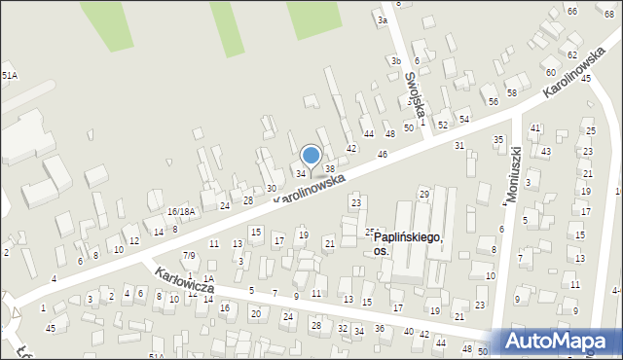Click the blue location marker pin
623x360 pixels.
tap(311, 156)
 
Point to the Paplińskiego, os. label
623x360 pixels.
tap(409, 243)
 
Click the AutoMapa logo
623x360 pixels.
tap(560, 341)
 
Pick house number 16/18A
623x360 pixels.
tap(180, 211)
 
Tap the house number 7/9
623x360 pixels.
tap(189, 255)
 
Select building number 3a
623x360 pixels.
tap(383, 19)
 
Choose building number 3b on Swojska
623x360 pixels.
tap(396, 61)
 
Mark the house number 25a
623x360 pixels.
tap(371, 232)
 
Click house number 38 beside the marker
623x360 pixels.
tap(330, 169)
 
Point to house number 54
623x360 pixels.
tap(464, 119)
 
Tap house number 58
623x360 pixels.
tap(511, 92)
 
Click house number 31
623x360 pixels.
tap(459, 145)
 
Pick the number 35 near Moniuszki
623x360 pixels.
tap(498, 139)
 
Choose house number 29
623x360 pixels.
tap(424, 195)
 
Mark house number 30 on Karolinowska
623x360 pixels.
tap(272, 188)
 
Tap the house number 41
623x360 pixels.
tap(535, 127)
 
